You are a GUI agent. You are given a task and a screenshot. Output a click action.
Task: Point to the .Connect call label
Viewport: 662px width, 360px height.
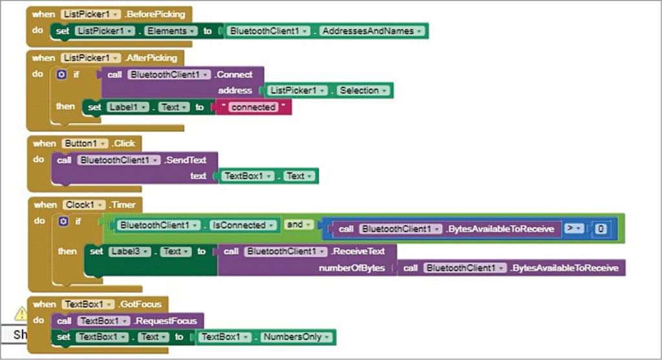pyautogui.click(x=235, y=74)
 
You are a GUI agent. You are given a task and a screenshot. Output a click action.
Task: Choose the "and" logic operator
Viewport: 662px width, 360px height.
pyautogui.click(x=296, y=225)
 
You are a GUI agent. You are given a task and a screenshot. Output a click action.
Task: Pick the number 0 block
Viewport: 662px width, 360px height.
pyautogui.click(x=601, y=229)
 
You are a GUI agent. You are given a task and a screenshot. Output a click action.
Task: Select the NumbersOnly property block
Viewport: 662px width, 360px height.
pyautogui.click(x=297, y=337)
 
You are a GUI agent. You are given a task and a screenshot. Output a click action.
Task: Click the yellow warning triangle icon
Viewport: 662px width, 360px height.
pyautogui.click(x=21, y=313)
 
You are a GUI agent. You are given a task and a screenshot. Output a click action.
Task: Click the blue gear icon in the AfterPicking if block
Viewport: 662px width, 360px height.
pyautogui.click(x=61, y=75)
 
